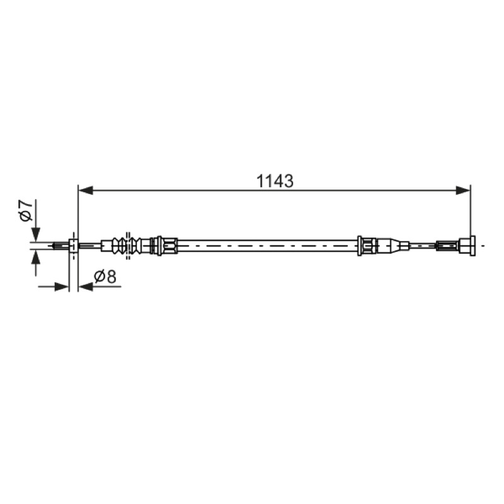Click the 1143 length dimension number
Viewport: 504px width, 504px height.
click(275, 181)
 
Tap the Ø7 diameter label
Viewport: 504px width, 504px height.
click(26, 210)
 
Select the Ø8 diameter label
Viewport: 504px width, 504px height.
click(105, 277)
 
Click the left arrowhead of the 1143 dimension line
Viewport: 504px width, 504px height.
click(86, 190)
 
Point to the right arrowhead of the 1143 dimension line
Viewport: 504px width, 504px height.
click(463, 190)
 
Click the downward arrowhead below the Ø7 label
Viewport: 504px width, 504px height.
click(36, 234)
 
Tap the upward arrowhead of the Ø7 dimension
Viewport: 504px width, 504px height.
click(36, 258)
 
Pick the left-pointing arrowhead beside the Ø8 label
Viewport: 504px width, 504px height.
click(86, 287)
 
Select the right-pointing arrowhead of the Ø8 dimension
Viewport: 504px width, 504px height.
click(62, 287)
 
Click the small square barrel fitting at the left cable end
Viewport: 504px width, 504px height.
click(74, 246)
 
